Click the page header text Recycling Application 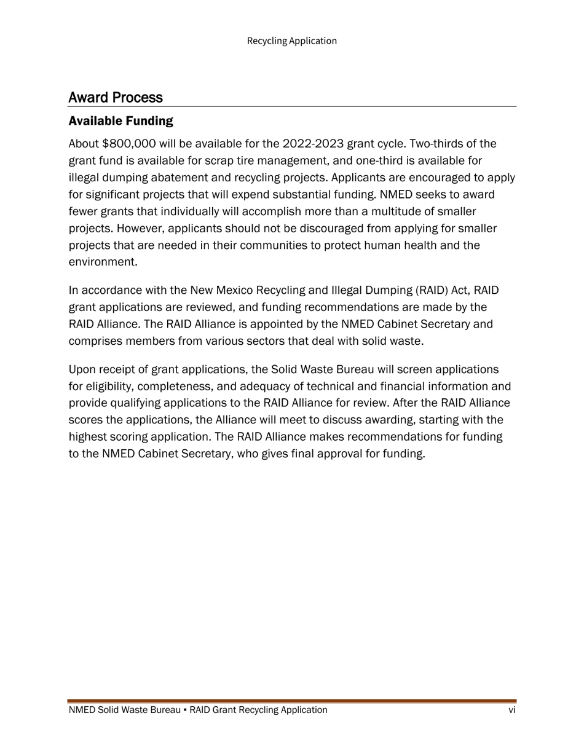[x=291, y=41]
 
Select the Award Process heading [x=116, y=98]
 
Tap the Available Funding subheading [x=120, y=120]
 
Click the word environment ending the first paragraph [x=101, y=262]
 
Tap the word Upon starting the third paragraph [x=82, y=370]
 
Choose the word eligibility [x=111, y=387]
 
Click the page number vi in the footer [x=511, y=711]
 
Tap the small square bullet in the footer [x=185, y=711]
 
